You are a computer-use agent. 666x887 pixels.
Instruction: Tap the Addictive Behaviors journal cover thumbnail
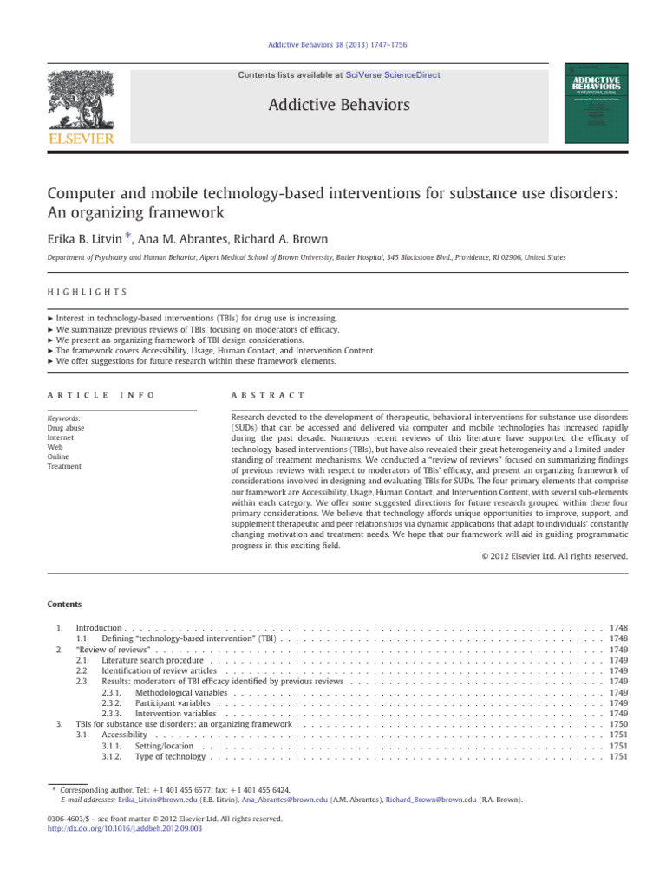597,102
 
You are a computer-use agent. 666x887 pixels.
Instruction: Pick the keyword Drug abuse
66,428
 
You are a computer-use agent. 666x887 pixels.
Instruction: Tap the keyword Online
59,456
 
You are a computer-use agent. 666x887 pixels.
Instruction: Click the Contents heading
66,604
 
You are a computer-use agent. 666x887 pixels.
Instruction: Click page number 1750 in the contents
618,723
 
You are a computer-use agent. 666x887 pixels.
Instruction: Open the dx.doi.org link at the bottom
123,829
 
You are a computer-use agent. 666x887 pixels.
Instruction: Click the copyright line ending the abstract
554,556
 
